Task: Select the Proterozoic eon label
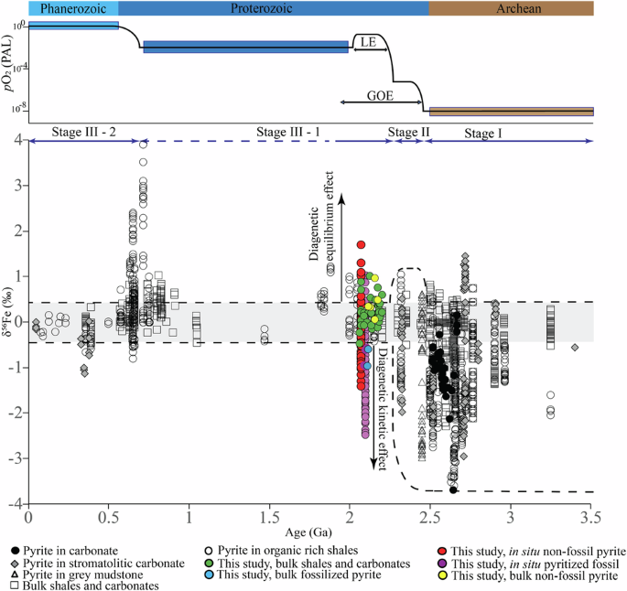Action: point(275,8)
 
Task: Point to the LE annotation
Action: point(369,42)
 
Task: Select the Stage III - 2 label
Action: point(85,132)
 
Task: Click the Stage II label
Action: point(409,132)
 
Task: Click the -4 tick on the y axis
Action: point(17,504)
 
